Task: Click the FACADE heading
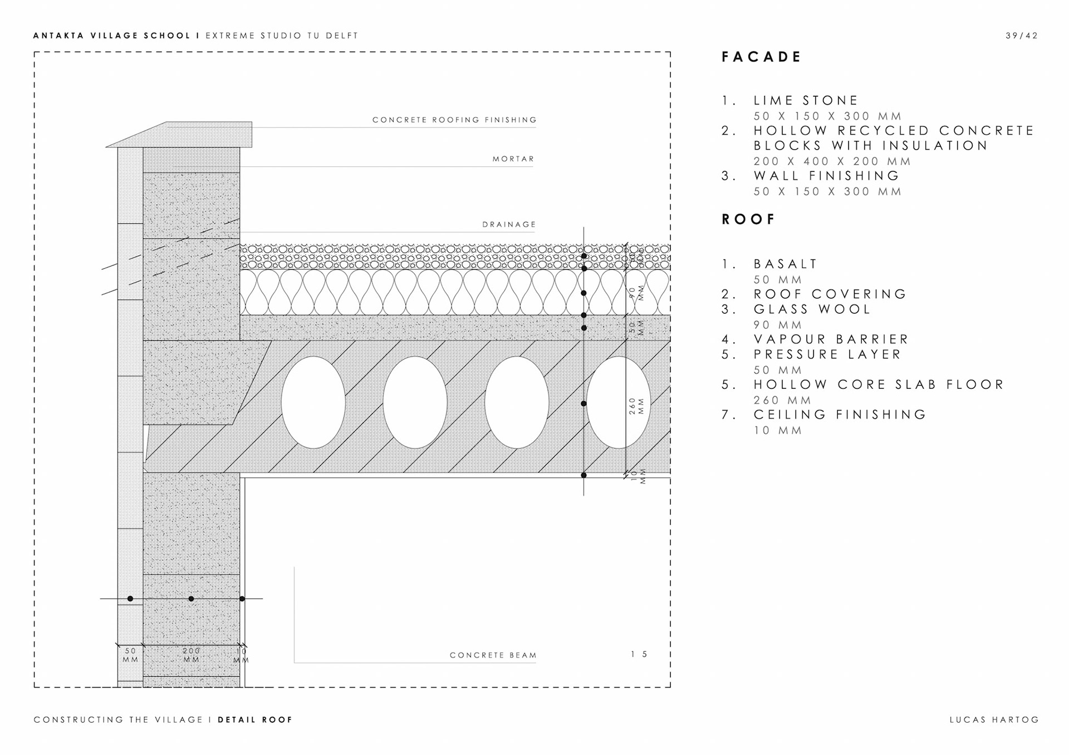pyautogui.click(x=761, y=57)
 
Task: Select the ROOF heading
pyautogui.click(x=748, y=219)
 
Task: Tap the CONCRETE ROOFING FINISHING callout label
pyautogui.click(x=454, y=120)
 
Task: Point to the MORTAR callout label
pyautogui.click(x=513, y=159)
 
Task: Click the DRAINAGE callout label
pyautogui.click(x=509, y=225)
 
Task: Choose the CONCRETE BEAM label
pyautogui.click(x=493, y=655)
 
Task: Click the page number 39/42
pyautogui.click(x=1022, y=36)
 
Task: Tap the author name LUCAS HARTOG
pyautogui.click(x=994, y=719)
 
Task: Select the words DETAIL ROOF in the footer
pyautogui.click(x=255, y=719)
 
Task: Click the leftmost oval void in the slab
pyautogui.click(x=313, y=402)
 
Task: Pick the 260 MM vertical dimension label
pyautogui.click(x=636, y=406)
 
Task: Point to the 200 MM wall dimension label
pyautogui.click(x=191, y=655)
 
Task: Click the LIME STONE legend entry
pyautogui.click(x=806, y=101)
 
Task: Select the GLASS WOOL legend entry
pyautogui.click(x=812, y=309)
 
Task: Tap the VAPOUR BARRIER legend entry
pyautogui.click(x=831, y=339)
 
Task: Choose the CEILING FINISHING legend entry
pyautogui.click(x=840, y=414)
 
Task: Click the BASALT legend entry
pyautogui.click(x=785, y=264)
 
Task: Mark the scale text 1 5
pyautogui.click(x=639, y=654)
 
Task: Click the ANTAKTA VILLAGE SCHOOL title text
pyautogui.click(x=112, y=36)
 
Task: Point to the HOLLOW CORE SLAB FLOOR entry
pyautogui.click(x=879, y=384)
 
